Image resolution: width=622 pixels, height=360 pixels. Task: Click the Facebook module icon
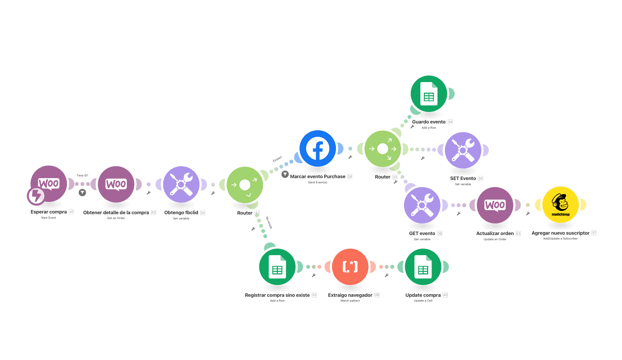318,148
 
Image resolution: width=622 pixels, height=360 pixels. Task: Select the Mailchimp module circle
560,205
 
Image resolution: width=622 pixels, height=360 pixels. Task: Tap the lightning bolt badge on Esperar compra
36,196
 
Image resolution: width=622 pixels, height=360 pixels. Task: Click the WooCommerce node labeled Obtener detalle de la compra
116,184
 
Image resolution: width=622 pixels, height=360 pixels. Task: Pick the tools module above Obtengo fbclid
181,184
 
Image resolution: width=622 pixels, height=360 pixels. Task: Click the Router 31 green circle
245,185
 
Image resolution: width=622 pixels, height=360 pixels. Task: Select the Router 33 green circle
383,149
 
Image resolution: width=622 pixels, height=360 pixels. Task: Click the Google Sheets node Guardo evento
429,94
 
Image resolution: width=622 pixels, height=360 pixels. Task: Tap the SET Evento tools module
463,150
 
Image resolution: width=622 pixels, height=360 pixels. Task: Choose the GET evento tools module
422,205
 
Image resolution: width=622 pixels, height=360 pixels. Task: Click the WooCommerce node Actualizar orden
495,205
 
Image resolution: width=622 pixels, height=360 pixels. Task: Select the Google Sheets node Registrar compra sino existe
277,267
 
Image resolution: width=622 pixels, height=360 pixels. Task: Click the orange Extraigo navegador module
350,267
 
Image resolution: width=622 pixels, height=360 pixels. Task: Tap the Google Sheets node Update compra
423,267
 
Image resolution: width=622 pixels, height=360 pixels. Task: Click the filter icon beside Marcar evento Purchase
285,174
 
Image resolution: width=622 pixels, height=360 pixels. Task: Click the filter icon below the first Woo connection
82,192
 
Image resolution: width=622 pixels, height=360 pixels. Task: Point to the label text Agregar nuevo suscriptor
560,233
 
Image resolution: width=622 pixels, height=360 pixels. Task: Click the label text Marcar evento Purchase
318,177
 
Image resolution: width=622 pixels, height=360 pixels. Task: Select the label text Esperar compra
49,212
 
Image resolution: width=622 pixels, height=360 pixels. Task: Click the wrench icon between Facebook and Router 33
350,157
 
